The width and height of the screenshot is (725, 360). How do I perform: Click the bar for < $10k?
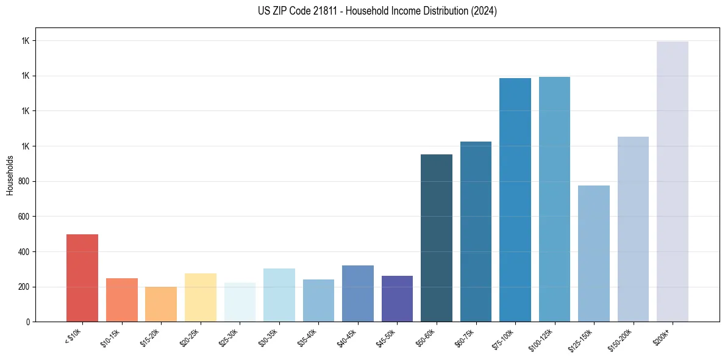tap(82, 278)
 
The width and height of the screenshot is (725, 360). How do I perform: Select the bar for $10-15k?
tap(121, 300)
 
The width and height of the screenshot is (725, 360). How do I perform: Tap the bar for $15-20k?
tap(161, 304)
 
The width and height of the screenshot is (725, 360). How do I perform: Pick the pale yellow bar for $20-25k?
tap(200, 297)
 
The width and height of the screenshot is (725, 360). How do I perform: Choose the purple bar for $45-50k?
tap(397, 298)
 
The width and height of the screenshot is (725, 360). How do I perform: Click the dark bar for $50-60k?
tap(437, 238)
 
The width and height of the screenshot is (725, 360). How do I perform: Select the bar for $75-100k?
tap(515, 200)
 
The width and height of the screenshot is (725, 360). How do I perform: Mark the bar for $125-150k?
tap(594, 253)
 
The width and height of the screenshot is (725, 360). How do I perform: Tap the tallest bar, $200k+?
tap(673, 181)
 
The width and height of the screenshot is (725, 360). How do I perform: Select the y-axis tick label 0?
tap(28, 322)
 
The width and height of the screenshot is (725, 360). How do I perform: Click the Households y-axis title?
tap(10, 175)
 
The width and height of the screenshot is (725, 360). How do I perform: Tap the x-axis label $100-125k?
tap(545, 339)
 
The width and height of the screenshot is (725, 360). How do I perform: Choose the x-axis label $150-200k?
tap(624, 339)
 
